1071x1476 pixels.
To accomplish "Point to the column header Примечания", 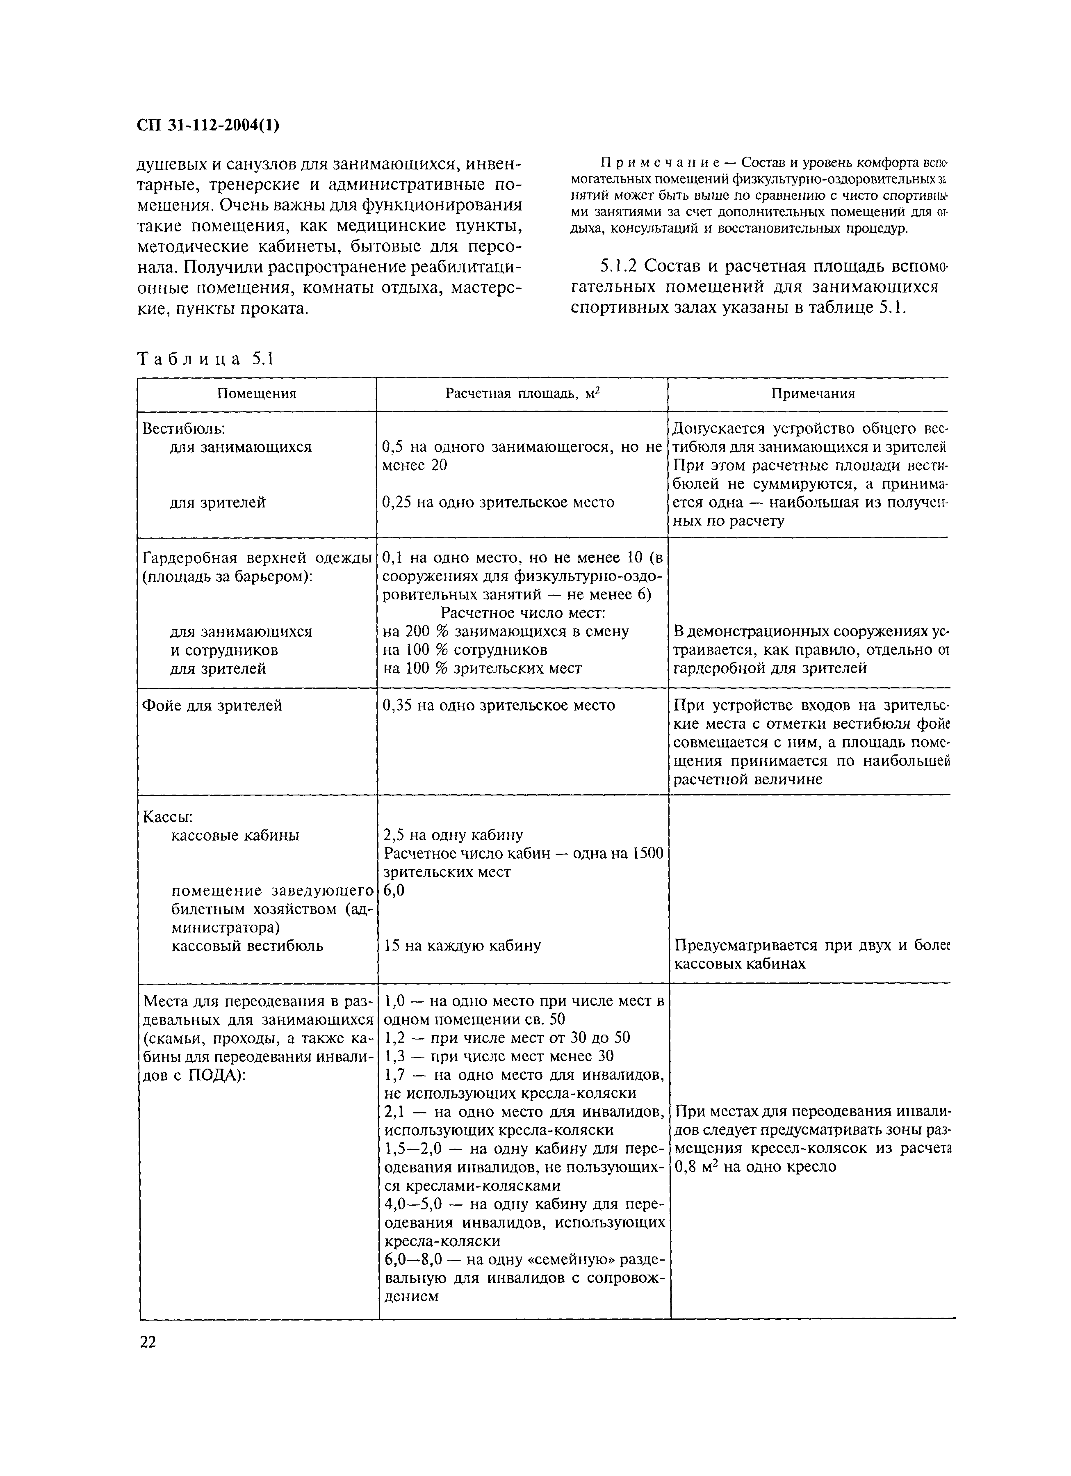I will (x=813, y=394).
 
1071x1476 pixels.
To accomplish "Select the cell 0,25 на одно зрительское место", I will (x=499, y=503).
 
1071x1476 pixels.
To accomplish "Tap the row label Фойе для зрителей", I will (x=212, y=706).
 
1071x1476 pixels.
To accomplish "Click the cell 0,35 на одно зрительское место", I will (x=499, y=706).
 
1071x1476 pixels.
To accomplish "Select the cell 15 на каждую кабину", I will (x=462, y=946).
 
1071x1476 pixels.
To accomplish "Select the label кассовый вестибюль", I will (x=247, y=946).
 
